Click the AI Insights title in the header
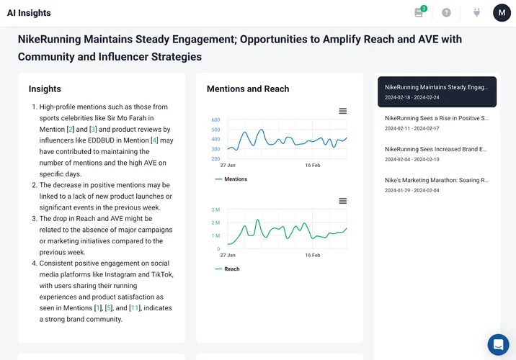point(29,13)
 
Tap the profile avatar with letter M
point(502,13)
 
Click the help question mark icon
point(447,13)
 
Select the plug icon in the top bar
point(476,13)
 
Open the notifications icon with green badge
point(419,12)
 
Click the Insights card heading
point(45,89)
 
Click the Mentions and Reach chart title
point(248,89)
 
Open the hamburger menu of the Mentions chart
point(343,111)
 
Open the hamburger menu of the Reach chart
point(343,201)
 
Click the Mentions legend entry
point(231,179)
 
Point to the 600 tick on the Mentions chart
point(215,120)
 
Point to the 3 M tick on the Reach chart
point(215,210)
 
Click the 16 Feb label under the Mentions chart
point(313,165)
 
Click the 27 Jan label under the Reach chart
point(228,255)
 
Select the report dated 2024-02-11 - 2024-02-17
point(437,122)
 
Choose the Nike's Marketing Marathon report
point(437,185)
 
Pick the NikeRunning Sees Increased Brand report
point(437,153)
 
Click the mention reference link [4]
point(154,140)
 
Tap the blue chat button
point(498,344)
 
